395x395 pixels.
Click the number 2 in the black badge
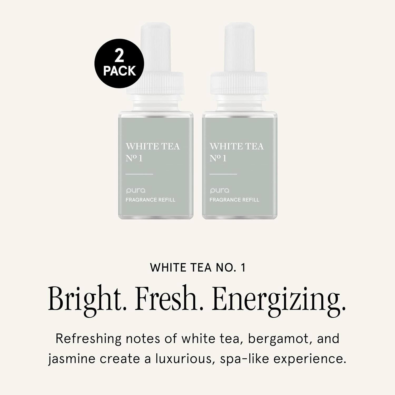(119, 56)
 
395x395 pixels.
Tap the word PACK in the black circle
(120, 71)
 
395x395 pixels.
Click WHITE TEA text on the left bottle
(153, 146)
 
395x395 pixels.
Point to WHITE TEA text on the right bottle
(236, 146)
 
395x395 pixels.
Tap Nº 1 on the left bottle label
(134, 158)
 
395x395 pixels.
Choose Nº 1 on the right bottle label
(218, 158)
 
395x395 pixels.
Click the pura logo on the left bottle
(136, 190)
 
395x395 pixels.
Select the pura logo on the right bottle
(220, 190)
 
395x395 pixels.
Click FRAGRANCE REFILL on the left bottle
(150, 200)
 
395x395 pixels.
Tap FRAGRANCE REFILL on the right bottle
(234, 200)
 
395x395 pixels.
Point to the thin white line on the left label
(139, 174)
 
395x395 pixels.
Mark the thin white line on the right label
(223, 174)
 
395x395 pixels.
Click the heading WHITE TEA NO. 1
(198, 268)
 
